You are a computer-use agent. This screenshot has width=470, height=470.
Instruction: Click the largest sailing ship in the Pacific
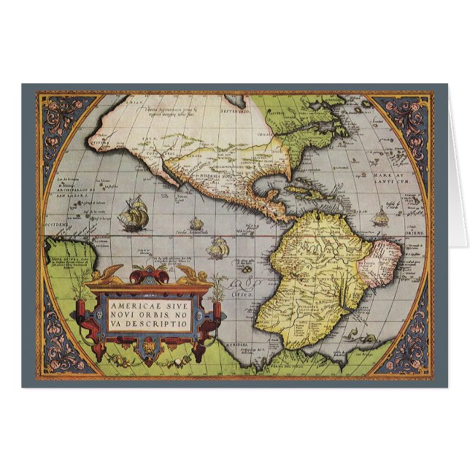(131, 217)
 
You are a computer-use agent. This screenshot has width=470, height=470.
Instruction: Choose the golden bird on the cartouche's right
(177, 272)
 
